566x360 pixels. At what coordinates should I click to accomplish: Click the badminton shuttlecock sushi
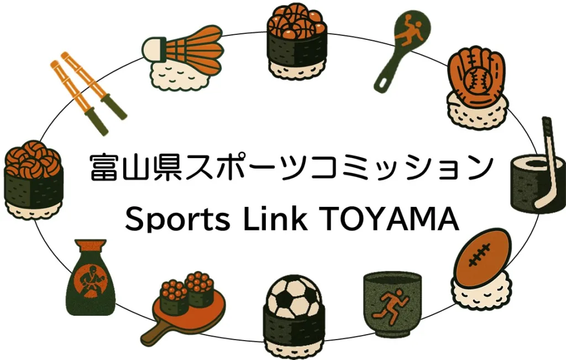coord(182,58)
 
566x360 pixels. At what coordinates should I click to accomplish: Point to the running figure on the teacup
coord(391,304)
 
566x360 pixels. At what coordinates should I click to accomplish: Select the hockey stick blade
coord(542,201)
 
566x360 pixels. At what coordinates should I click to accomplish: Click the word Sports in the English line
coord(177,220)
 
